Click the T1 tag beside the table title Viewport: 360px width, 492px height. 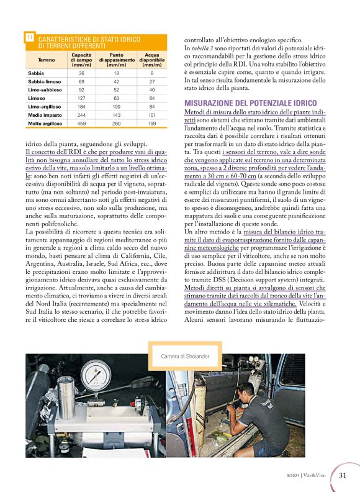click(29, 39)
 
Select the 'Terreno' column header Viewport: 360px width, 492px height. click(46, 60)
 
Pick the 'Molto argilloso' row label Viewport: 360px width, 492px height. click(45, 124)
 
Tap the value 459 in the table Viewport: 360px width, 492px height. click(81, 124)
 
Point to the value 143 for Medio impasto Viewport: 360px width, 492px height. click(116, 115)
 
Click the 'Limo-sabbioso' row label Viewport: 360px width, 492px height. click(45, 89)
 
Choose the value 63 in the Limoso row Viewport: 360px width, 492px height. click(116, 98)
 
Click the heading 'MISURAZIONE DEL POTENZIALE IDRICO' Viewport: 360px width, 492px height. click(251, 102)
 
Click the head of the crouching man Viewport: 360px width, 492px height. click(245, 393)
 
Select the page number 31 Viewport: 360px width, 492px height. click(343, 476)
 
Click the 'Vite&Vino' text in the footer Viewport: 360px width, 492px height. click(318, 476)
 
